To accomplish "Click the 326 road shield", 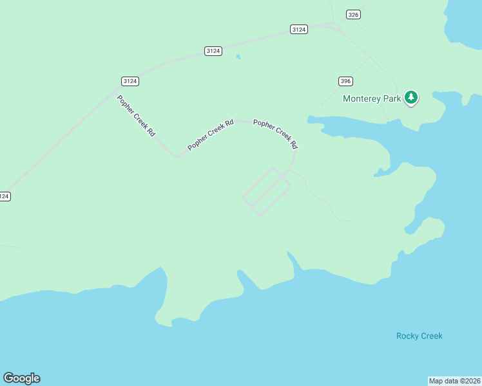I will (x=352, y=15).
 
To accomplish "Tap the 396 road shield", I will (x=345, y=81).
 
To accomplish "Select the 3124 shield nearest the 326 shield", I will (x=299, y=29).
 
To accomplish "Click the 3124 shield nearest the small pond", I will (x=213, y=51).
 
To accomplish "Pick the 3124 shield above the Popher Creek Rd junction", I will (x=130, y=80).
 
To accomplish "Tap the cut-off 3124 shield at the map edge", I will (x=5, y=196).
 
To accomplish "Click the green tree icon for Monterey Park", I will (x=410, y=98).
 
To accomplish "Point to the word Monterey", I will (x=363, y=99).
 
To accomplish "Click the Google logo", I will (x=21, y=378).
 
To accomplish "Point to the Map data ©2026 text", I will (x=455, y=381).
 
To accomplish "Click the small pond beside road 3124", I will (x=239, y=57).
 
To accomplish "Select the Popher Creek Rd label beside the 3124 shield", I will (x=136, y=116).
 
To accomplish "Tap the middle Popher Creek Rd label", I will (x=211, y=135).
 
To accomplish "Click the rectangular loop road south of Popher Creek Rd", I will (x=266, y=191).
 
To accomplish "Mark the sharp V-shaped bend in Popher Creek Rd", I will (x=176, y=156).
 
